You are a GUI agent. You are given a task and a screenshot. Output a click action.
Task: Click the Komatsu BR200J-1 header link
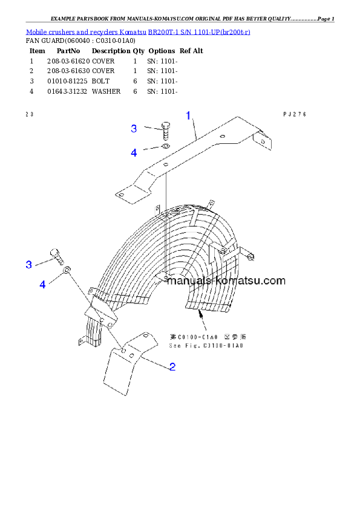pyautogui.click(x=138, y=31)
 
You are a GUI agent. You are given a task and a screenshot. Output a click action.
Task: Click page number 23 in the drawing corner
pyautogui.click(x=29, y=113)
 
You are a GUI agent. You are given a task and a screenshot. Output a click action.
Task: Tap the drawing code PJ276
pyautogui.click(x=295, y=114)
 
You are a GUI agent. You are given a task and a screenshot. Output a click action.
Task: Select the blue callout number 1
pyautogui.click(x=188, y=115)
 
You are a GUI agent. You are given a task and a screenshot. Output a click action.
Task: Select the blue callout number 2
pyautogui.click(x=172, y=366)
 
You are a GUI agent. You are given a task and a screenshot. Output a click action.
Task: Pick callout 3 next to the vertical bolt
pyautogui.click(x=134, y=128)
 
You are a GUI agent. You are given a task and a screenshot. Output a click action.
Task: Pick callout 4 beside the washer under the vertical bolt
pyautogui.click(x=134, y=152)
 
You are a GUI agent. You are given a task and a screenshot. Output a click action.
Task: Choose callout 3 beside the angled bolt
pyautogui.click(x=28, y=265)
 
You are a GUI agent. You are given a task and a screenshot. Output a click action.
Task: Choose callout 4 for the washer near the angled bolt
pyautogui.click(x=42, y=284)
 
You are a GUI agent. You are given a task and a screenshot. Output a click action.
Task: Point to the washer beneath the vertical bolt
pyautogui.click(x=165, y=146)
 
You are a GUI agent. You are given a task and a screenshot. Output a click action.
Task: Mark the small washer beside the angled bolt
pyautogui.click(x=68, y=269)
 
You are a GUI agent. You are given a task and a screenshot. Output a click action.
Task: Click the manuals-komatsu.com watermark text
pyautogui.click(x=226, y=281)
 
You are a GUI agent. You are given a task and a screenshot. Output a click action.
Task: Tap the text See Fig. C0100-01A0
pyautogui.click(x=206, y=345)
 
